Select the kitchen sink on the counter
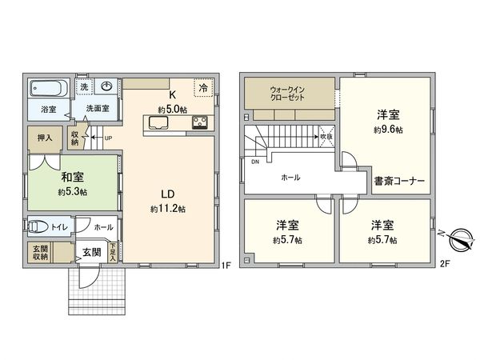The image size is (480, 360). [156, 122]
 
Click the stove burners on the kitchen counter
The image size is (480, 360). [199, 122]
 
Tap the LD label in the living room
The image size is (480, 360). [168, 194]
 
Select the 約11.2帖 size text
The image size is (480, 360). [168, 209]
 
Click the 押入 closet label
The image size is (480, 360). [45, 138]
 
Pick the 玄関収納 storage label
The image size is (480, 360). [40, 252]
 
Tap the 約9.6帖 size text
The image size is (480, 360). [388, 129]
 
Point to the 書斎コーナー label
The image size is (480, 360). [398, 180]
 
